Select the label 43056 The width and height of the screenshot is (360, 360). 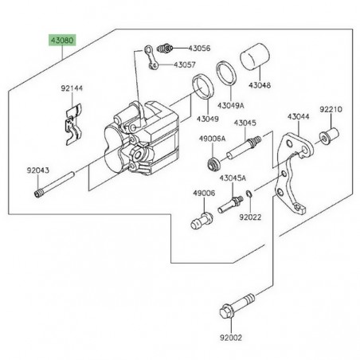click(200, 49)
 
